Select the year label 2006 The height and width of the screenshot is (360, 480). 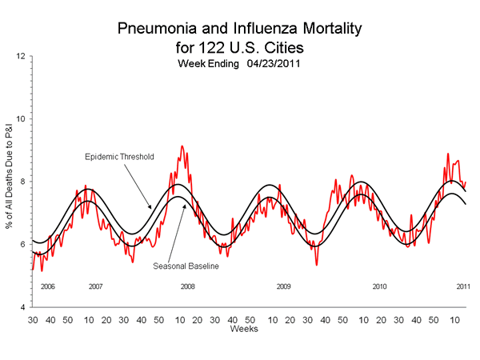click(x=47, y=286)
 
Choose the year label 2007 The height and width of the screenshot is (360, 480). click(x=95, y=286)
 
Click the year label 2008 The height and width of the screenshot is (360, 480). click(x=187, y=286)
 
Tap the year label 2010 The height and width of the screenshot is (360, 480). click(x=379, y=286)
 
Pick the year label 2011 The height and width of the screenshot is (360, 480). click(x=462, y=286)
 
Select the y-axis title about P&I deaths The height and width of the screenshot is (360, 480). click(x=9, y=182)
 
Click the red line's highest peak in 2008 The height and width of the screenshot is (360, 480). click(x=182, y=146)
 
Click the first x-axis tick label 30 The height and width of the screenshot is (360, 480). click(x=33, y=319)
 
